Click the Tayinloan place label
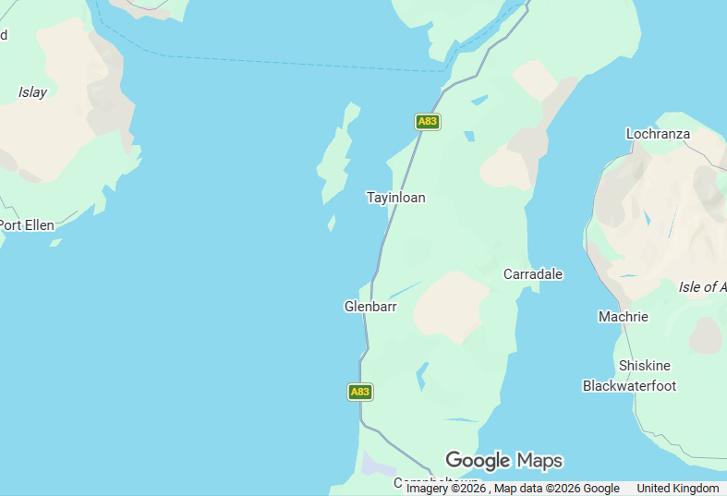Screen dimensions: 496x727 point(395,198)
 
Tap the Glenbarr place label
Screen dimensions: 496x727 point(370,307)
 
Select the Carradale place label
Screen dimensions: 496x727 point(532,274)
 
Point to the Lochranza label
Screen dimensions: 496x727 point(658,134)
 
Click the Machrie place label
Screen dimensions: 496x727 point(623,317)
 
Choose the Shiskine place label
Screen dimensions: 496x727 point(644,366)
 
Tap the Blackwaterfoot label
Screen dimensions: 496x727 point(629,386)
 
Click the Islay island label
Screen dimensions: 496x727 point(32,92)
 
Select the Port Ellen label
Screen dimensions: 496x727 point(27,225)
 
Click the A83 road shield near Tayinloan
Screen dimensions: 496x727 point(427,121)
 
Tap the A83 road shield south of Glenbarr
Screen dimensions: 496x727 point(360,392)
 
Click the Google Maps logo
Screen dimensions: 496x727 point(503,460)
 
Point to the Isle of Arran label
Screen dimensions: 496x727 point(702,287)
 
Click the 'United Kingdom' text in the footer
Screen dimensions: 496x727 point(677,489)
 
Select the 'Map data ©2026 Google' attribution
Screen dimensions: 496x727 point(556,489)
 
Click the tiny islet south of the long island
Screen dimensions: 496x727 point(331,223)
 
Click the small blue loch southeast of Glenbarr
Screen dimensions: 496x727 point(422,374)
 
